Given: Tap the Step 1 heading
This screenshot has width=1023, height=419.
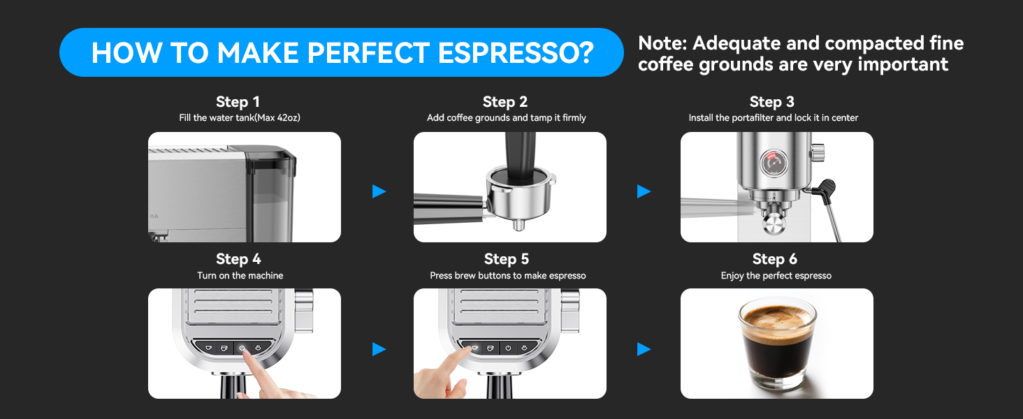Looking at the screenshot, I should pos(238,102).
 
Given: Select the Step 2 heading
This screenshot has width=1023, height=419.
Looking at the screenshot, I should pos(505,102).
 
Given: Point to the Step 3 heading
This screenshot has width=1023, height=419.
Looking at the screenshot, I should pos(772,102).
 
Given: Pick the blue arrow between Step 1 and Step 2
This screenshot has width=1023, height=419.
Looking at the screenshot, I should pos(379,191).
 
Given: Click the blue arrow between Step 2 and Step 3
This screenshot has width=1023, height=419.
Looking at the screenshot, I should pos(644,191).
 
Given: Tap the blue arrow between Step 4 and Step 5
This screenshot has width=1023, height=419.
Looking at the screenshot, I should pos(379,348).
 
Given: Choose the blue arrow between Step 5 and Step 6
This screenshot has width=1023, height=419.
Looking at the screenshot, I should pos(644,348).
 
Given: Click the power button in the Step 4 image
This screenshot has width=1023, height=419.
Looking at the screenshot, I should pos(242,347).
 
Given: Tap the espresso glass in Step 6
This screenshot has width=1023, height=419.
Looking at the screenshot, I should pos(777,346).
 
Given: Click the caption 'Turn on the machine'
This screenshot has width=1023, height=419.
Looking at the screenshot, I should pos(240,276).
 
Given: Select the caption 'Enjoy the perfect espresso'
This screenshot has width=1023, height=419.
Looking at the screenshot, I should pos(776,276).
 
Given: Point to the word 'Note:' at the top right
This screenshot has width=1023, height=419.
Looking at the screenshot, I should pos(662,43).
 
